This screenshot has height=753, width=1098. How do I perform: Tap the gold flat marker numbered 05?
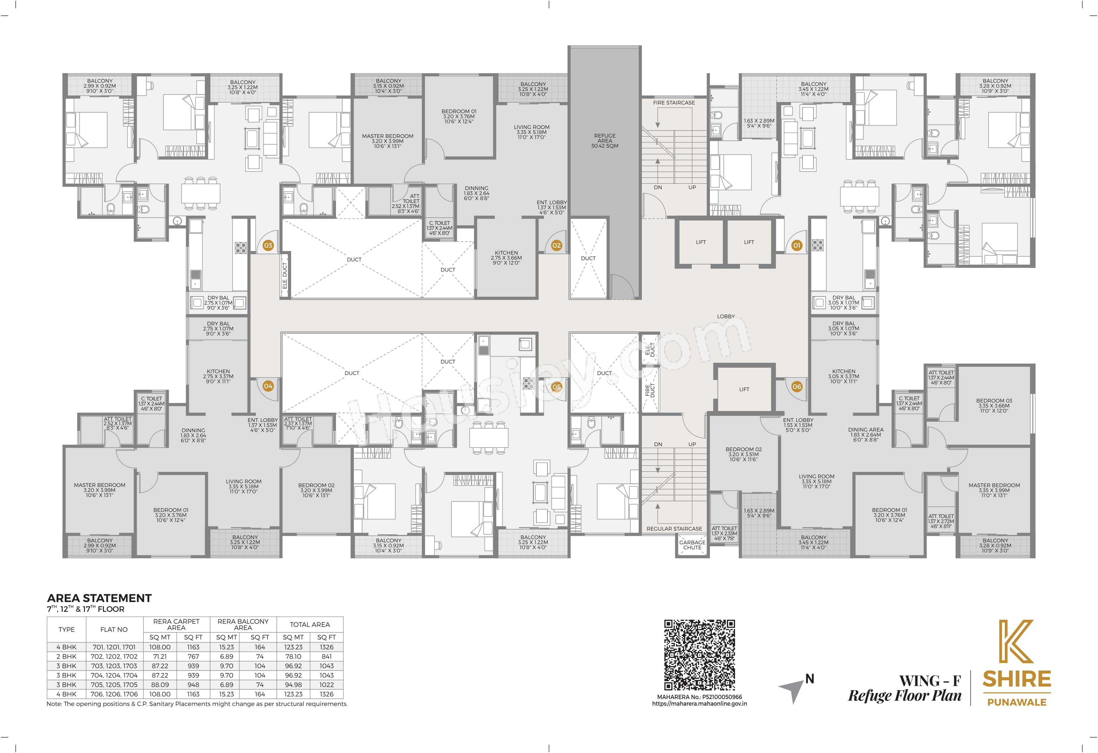pos(557,387)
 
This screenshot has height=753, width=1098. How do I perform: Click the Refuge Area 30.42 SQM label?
pos(605,141)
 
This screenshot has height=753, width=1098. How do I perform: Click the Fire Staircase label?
pos(674,103)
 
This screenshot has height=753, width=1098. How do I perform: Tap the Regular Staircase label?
pos(674,529)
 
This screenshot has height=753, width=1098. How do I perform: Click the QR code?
pos(699,655)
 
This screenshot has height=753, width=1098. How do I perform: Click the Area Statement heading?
pos(99,598)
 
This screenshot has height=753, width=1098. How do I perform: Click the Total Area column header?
pos(310,624)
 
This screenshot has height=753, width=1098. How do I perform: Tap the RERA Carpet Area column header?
pos(176,624)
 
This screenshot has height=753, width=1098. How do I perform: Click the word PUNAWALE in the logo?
pos(1017,702)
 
